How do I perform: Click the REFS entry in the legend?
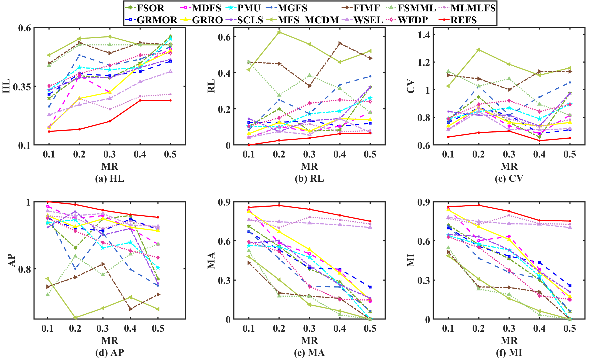[x=463, y=20]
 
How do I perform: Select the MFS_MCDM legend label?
[x=308, y=20]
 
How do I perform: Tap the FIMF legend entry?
[x=366, y=8]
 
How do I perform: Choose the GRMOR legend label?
[x=157, y=20]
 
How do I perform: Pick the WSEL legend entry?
[x=368, y=20]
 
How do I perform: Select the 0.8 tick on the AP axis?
[x=24, y=269]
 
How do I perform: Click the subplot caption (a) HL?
[x=109, y=179]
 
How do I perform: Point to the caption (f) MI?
[x=509, y=352]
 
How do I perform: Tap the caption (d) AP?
[x=109, y=352]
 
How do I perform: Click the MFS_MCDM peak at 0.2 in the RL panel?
[x=279, y=32]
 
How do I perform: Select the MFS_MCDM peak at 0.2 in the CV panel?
[x=478, y=50]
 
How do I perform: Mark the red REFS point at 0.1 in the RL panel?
[x=249, y=145]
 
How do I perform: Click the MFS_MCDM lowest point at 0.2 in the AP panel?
[x=75, y=317]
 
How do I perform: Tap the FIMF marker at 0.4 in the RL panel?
[x=340, y=43]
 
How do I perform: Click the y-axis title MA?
[x=212, y=260]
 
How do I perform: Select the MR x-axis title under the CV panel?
[x=509, y=166]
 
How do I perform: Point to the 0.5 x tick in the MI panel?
[x=570, y=329]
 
